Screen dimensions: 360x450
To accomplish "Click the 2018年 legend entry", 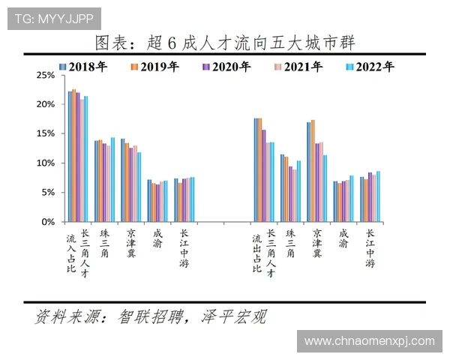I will (x=82, y=67).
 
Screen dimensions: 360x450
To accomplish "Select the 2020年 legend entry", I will (x=226, y=67).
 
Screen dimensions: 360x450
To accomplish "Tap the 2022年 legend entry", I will (x=370, y=67).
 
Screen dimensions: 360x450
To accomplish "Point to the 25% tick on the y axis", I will (x=46, y=76).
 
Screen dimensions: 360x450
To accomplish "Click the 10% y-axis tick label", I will (x=46, y=163).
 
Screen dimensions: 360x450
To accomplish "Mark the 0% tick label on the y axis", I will (x=49, y=222).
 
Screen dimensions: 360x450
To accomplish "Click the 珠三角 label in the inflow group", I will (x=104, y=243).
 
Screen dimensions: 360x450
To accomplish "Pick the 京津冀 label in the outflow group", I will (x=317, y=243).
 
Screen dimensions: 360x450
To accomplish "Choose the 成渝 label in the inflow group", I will (x=156, y=239).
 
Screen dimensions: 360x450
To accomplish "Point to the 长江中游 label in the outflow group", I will (x=369, y=247).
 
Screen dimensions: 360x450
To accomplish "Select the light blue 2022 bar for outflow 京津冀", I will (x=325, y=188).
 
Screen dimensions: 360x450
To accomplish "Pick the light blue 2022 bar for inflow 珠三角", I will (x=113, y=180).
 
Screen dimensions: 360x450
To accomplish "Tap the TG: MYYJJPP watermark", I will (x=54, y=18).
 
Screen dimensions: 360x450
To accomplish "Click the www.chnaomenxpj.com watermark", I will (x=370, y=341).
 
